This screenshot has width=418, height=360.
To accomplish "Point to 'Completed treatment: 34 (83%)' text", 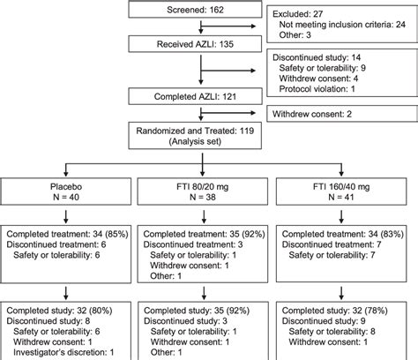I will (347, 236).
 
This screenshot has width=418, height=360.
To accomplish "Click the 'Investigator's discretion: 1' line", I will (71, 352).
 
